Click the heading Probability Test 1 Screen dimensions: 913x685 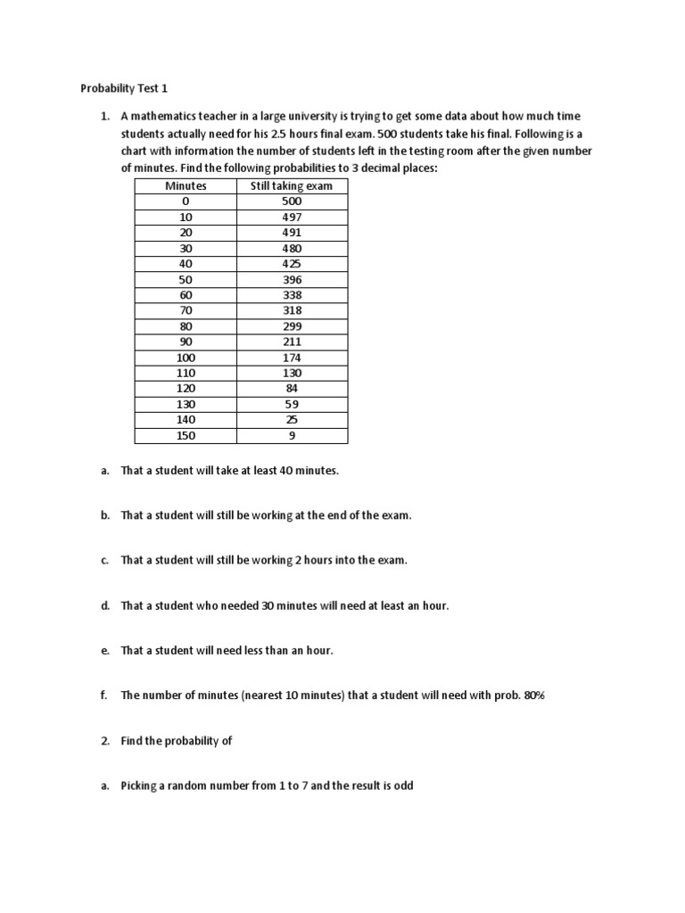[124, 88]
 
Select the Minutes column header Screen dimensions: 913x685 [186, 185]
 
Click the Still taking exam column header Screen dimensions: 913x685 [292, 185]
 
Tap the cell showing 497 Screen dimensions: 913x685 [292, 217]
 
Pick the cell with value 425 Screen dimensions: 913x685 [292, 264]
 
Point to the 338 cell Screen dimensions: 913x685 [292, 295]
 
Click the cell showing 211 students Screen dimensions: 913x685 [292, 341]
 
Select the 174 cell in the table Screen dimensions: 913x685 [292, 358]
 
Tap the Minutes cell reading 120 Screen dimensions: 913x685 [186, 389]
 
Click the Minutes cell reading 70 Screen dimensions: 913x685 [186, 310]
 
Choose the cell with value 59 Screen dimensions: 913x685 [292, 404]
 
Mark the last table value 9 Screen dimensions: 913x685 [292, 436]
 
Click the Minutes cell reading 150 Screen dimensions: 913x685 [186, 436]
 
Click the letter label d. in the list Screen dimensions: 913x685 [104, 605]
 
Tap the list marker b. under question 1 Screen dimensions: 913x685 [104, 515]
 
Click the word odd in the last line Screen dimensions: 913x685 [403, 786]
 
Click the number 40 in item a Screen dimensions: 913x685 [290, 471]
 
